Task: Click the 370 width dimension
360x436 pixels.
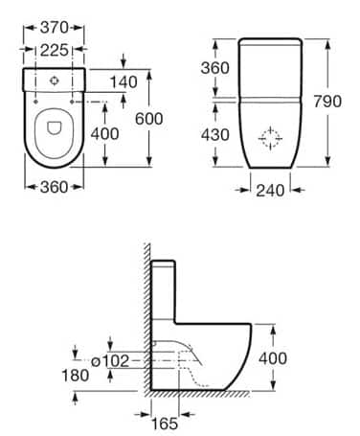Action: coord(54,28)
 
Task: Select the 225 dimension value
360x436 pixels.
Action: coord(54,50)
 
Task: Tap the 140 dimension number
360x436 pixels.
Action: coord(124,82)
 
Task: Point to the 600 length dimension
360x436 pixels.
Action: coord(148,119)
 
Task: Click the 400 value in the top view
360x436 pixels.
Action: coord(104,133)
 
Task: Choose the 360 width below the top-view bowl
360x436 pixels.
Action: coord(54,187)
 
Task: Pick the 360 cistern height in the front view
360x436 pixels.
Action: coord(214,68)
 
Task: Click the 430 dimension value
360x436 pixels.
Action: coord(214,134)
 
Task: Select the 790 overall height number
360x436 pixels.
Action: coord(327,102)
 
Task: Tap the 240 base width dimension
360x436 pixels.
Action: coord(270,191)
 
